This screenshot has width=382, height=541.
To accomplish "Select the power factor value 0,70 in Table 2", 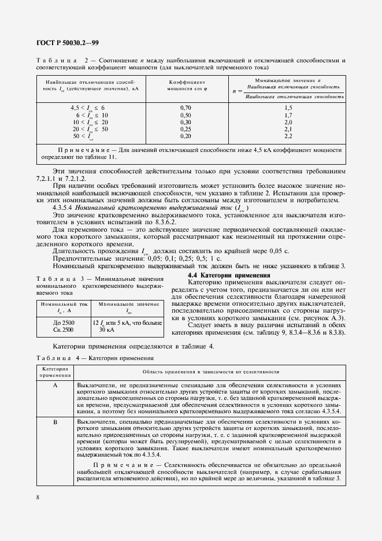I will (x=186, y=108).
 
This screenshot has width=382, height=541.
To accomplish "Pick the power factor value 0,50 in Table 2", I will (x=186, y=115).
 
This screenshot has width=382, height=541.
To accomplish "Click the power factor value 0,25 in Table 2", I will (x=186, y=129).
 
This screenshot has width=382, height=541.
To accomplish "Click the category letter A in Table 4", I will (x=55, y=384).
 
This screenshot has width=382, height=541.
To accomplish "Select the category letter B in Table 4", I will (x=55, y=423).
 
